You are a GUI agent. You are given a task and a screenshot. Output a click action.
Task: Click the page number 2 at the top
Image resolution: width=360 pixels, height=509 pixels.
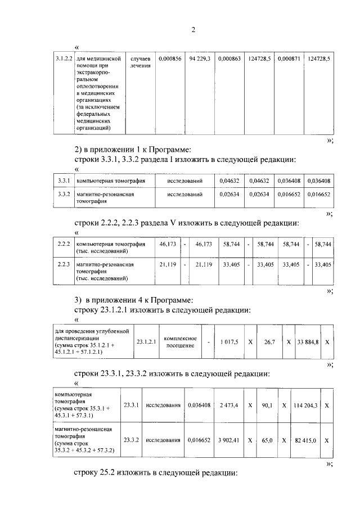coord(193,30)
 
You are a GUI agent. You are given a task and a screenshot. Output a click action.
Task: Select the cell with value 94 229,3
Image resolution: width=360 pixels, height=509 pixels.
coord(200,58)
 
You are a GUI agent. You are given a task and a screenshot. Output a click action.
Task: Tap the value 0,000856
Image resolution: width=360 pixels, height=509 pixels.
coord(170,58)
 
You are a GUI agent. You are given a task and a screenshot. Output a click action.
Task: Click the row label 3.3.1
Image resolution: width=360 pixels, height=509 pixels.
coord(64,181)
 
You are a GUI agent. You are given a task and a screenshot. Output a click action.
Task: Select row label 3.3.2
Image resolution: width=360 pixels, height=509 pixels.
coord(64,195)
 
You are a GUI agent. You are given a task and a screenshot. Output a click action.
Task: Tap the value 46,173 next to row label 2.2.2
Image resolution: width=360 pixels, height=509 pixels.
coord(168,245)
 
